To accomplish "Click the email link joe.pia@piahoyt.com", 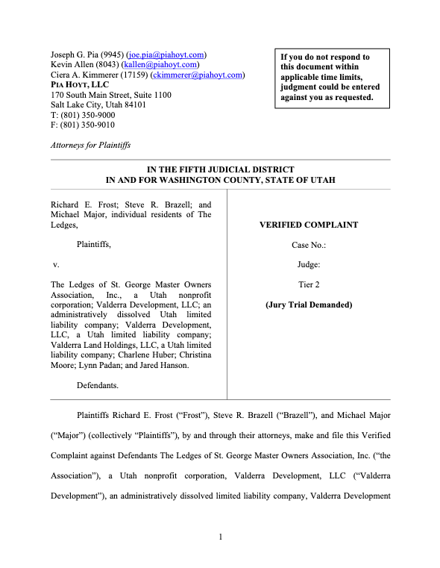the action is click(166, 55).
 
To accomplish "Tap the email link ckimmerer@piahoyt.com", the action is click(198, 75).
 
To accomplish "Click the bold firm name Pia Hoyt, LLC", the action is click(79, 85).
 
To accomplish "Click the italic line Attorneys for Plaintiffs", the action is click(90, 146).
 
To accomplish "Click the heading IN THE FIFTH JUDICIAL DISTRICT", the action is click(220, 170).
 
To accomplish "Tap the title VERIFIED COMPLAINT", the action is click(308, 225).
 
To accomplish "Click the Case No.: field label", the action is click(308, 245).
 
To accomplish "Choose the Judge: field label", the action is click(308, 264).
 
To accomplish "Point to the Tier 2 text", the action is click(308, 284).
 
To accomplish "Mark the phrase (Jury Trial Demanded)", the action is click(308, 305).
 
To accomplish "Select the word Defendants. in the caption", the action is click(98, 385).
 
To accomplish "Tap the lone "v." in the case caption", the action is click(55, 265).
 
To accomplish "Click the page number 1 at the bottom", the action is click(220, 536).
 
